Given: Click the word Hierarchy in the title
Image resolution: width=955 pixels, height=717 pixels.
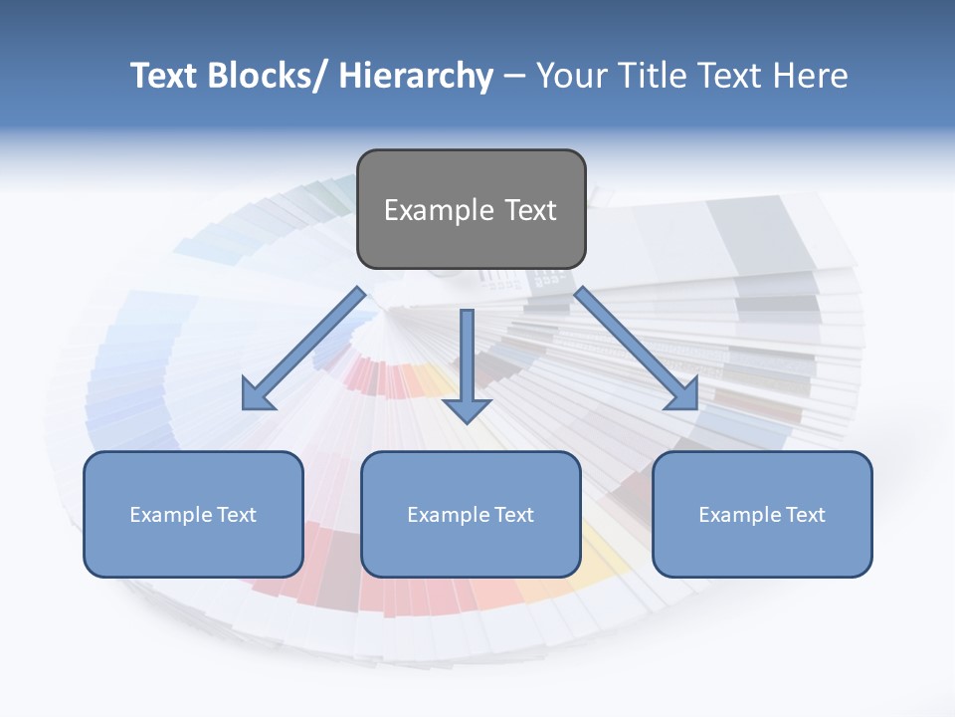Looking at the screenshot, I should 415,76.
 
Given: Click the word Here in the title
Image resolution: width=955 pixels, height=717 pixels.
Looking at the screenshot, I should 809,76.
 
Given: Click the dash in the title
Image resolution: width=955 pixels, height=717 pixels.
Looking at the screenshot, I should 514,76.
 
